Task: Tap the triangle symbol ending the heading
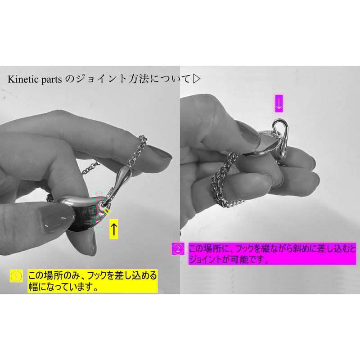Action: pyautogui.click(x=197, y=79)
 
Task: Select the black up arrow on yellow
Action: pyautogui.click(x=114, y=229)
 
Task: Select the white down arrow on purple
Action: pyautogui.click(x=279, y=103)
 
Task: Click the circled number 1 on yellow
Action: pyautogui.click(x=16, y=276)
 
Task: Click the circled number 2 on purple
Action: pyautogui.click(x=178, y=249)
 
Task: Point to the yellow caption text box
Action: pyautogui.click(x=93, y=280)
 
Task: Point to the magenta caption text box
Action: pyautogui.click(x=272, y=254)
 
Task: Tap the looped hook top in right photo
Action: pyautogui.click(x=280, y=129)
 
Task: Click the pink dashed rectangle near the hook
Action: pyautogui.click(x=99, y=209)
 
